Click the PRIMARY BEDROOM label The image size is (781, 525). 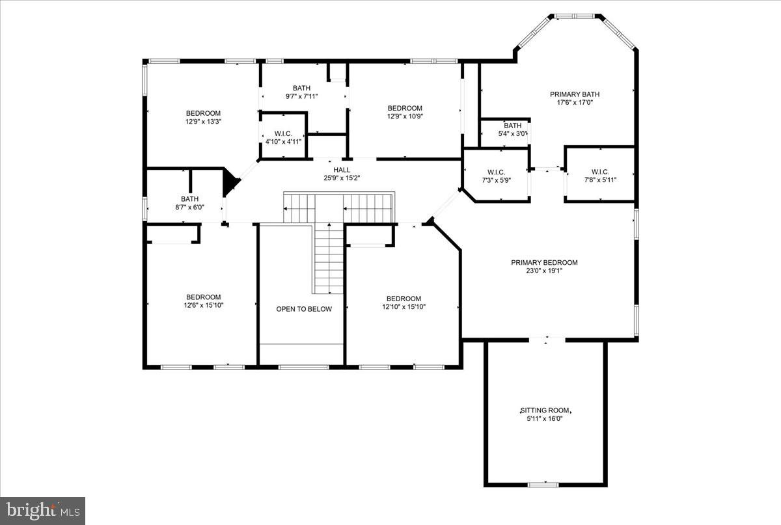point(543,263)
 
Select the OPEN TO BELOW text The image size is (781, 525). point(304,309)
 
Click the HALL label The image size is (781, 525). point(342,170)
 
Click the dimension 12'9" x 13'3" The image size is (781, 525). point(203,121)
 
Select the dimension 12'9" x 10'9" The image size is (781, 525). point(405,116)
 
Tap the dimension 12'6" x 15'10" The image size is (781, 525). point(203,305)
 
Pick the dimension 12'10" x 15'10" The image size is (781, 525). point(405,307)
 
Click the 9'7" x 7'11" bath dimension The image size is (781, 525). point(301,96)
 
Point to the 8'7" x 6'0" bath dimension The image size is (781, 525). point(190,208)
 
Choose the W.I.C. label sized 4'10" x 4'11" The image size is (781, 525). point(283,133)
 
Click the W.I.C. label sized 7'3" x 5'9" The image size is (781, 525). point(497,172)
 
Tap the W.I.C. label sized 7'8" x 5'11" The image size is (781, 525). point(599,172)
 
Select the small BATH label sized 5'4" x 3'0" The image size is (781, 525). point(512,126)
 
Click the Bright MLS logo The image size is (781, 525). point(43,510)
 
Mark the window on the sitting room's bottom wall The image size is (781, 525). point(543,485)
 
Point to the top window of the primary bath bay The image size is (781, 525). point(573,16)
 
